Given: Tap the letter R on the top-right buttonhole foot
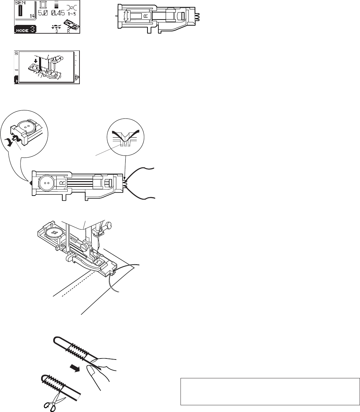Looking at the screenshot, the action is (x=144, y=15).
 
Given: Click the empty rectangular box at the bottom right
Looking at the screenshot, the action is (x=268, y=391).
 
